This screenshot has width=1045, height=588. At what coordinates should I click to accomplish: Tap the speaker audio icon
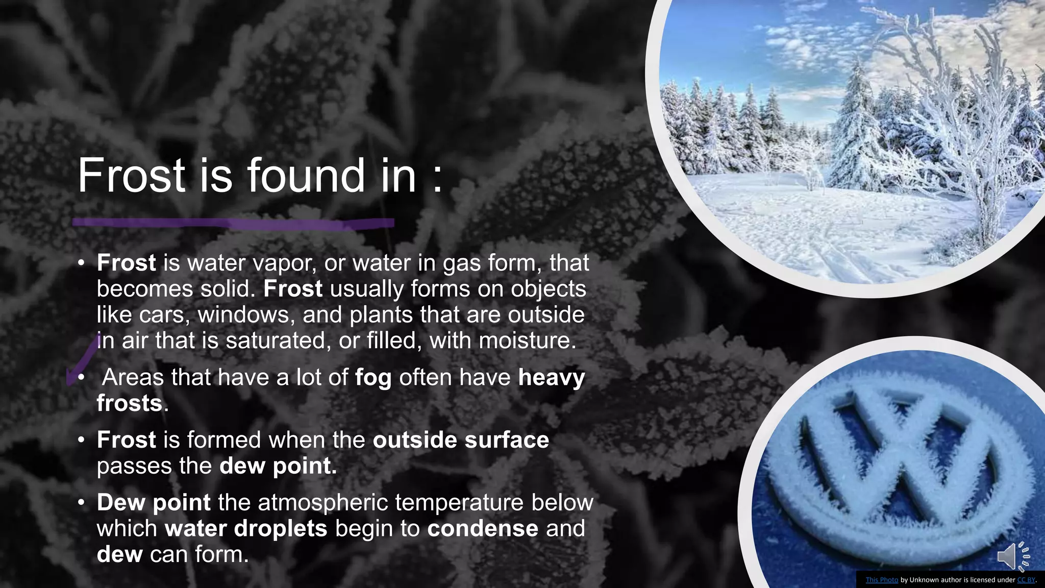pyautogui.click(x=1012, y=556)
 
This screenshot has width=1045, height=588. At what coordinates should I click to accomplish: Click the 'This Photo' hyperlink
pyautogui.click(x=882, y=580)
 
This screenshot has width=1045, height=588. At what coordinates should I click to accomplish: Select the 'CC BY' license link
pyautogui.click(x=1026, y=580)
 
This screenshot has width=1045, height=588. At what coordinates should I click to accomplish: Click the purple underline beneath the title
pyautogui.click(x=233, y=223)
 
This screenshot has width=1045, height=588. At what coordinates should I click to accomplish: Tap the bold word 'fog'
pyautogui.click(x=373, y=378)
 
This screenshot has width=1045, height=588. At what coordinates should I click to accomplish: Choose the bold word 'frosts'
pyautogui.click(x=130, y=403)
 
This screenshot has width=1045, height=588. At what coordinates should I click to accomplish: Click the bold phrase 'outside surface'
pyautogui.click(x=461, y=440)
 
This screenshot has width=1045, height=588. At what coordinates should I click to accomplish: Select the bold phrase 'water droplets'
pyautogui.click(x=246, y=528)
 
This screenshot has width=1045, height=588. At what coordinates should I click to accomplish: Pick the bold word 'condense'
pyautogui.click(x=483, y=528)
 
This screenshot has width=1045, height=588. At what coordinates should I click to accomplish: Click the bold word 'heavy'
pyautogui.click(x=552, y=378)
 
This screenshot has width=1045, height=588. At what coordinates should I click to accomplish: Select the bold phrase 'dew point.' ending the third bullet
pyautogui.click(x=278, y=466)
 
